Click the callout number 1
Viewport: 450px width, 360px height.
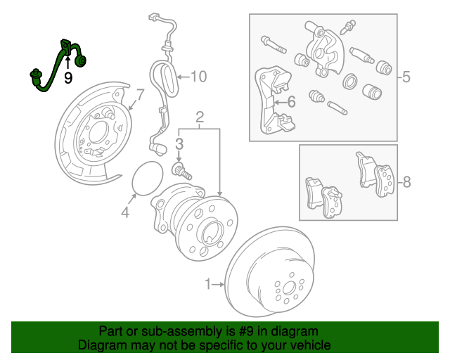[208, 284]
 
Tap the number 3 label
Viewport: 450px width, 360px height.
[179, 144]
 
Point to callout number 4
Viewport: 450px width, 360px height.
[124, 212]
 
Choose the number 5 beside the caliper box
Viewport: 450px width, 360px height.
[406, 77]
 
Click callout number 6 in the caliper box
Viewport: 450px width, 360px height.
[290, 103]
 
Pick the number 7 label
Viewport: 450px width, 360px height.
[140, 94]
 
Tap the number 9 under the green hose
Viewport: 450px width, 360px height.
[68, 78]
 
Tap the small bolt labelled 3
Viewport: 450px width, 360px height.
[182, 169]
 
